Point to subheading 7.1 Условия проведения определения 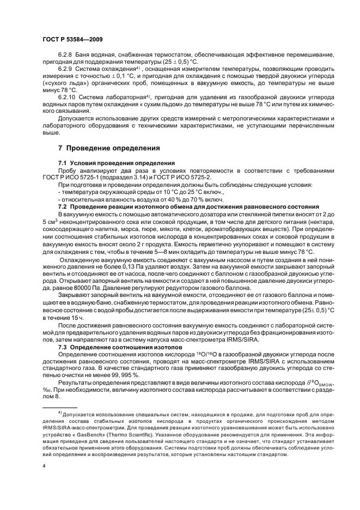pos(117,163)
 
